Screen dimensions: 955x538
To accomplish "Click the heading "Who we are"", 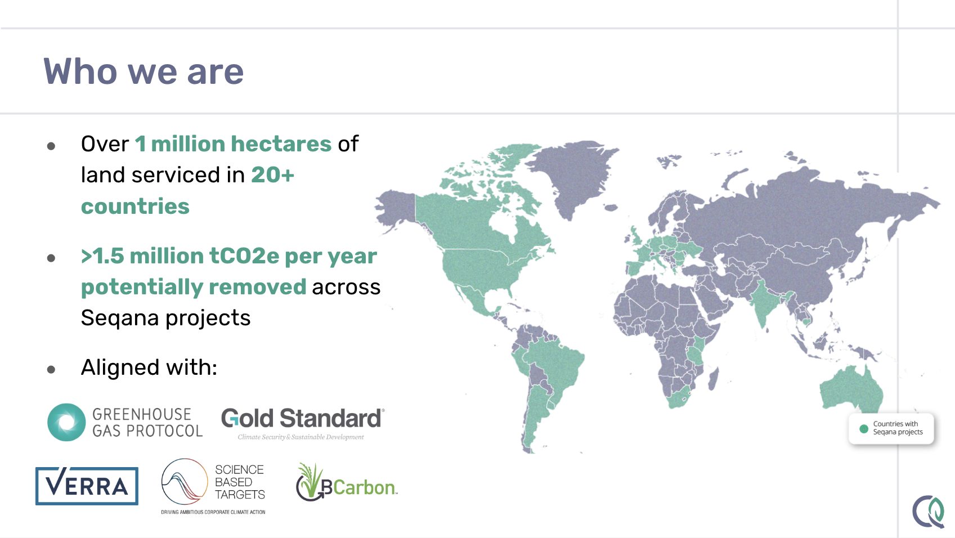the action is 144,71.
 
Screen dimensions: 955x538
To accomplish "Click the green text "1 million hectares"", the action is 233,144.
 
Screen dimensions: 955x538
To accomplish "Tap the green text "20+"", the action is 273,175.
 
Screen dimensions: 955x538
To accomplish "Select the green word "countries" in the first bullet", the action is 135,207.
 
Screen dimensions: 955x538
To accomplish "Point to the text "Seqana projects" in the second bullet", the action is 165,318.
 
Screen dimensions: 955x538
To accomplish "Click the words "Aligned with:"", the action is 149,367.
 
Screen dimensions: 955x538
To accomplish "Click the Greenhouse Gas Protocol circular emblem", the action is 66,422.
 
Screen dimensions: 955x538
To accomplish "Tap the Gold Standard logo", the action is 303,423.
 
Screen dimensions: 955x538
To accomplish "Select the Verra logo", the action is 87,486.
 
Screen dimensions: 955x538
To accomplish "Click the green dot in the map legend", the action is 864,429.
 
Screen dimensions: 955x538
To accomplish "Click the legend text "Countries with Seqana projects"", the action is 898,428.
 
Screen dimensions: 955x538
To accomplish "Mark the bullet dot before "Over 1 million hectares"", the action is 51,146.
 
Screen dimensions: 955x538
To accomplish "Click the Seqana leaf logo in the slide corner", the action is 929,512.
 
